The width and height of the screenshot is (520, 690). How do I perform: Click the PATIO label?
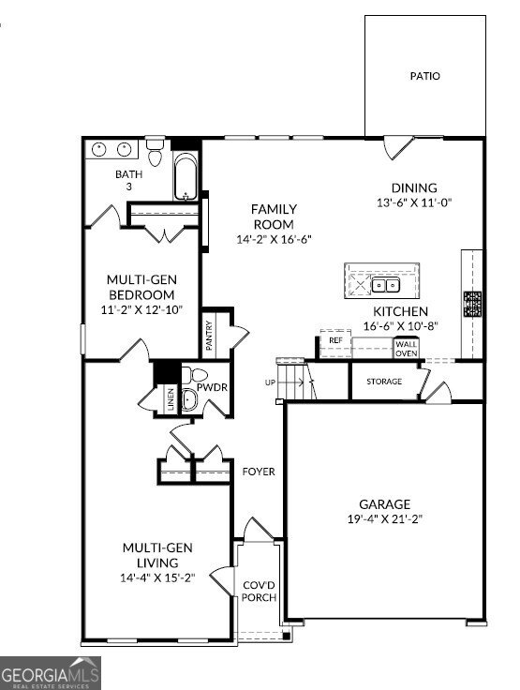424,76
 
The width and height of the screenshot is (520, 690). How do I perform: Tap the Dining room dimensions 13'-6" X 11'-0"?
414,203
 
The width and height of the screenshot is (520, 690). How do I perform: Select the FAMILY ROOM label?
274,217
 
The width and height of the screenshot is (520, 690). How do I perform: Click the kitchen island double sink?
384,284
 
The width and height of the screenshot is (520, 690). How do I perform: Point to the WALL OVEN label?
406,348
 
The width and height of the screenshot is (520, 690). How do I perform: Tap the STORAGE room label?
384,382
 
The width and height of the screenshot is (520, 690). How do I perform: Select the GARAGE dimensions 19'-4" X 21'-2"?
383,519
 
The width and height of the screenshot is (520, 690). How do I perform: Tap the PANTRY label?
210,337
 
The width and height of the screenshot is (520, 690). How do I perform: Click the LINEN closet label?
170,399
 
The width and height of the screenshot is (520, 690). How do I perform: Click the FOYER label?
259,472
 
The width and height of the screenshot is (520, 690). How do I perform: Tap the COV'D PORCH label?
258,592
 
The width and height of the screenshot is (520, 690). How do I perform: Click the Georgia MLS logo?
51,672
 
